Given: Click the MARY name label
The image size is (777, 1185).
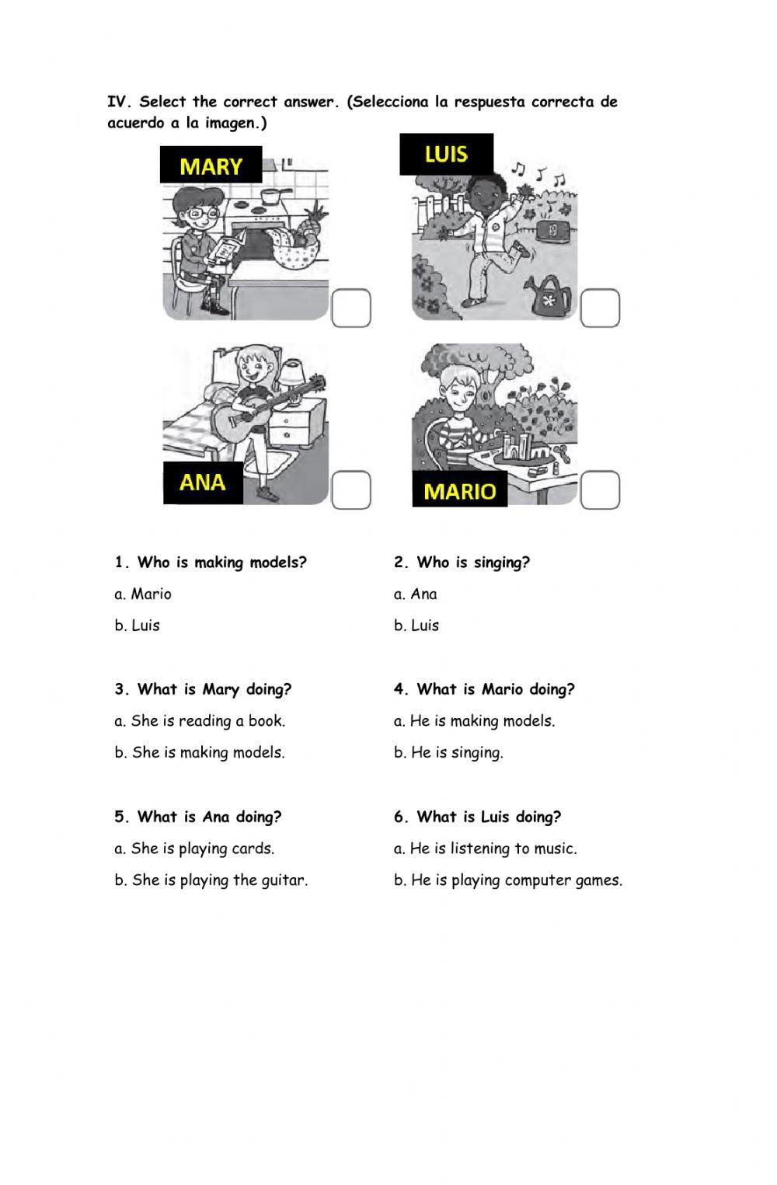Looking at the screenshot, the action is pos(211,165).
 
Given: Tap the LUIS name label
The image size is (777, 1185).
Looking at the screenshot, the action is pos(447,154).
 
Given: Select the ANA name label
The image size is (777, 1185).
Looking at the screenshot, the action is pos(203,483).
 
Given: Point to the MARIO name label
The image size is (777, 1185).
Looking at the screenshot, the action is pos(460,489).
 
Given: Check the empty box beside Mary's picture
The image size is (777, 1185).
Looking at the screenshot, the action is pos(351,308).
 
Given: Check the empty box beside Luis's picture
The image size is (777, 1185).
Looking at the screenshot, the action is pos(600,308).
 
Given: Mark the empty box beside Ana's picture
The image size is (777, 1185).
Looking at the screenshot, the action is pos(351,490).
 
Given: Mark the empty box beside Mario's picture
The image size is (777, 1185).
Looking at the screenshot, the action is pos(600,490).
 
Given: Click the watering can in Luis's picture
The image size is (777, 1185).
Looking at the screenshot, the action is pos(548,295).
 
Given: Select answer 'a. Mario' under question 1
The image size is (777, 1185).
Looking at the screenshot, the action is pos(143,594).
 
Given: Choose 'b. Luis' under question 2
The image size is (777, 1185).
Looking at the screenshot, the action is pos(416,626).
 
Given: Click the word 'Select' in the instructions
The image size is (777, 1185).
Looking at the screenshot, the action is pos(163,102).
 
